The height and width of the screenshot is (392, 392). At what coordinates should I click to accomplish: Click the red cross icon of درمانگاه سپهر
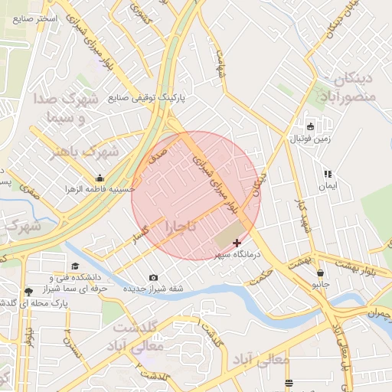[x=236, y=243]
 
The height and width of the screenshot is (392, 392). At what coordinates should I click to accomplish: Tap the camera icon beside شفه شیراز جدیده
[x=154, y=277]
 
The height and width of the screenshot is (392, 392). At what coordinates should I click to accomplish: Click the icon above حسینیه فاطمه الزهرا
[x=100, y=178]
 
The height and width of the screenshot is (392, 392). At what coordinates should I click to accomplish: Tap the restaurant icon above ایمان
[x=328, y=175]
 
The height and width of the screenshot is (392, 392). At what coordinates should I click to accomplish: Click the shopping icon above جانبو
[x=319, y=273]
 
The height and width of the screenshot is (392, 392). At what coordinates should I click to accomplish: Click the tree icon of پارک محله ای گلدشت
[x=28, y=292]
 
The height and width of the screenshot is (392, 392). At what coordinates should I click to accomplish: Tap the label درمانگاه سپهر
[x=237, y=254]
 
